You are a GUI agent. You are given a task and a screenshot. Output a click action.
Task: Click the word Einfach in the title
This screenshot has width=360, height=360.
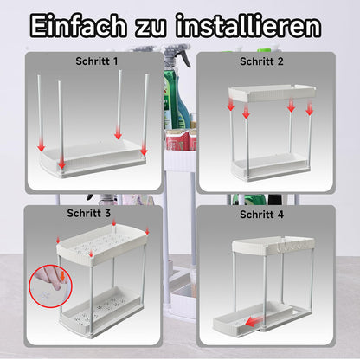pos(78,26)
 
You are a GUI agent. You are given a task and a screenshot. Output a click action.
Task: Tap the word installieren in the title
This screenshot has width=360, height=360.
pos(248,26)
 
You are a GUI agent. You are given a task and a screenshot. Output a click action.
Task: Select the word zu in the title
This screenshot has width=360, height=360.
pos(151,29)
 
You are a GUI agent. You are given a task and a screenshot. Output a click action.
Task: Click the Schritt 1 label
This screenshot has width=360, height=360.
pos(97,61)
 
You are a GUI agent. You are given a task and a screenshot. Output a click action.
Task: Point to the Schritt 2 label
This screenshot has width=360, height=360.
pos(261,61)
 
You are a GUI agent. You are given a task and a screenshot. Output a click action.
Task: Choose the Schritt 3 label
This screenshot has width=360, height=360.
pos(88,213)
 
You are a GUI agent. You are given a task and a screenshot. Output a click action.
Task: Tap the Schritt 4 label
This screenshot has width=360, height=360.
pos(261,215)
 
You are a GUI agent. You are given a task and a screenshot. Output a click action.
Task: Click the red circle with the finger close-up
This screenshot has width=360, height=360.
pos(50,286)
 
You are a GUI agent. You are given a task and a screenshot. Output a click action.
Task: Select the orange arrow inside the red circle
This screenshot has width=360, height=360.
pos(62,276)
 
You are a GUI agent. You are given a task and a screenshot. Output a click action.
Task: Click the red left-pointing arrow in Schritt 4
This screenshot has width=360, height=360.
pos(255,320)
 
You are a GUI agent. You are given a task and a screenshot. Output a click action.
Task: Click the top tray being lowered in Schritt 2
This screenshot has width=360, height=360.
pos(272,93)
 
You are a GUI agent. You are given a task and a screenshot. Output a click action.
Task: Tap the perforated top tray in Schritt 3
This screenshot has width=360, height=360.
pos(102,244)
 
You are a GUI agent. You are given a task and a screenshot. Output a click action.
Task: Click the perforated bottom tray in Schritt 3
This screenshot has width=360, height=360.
pos(102,311)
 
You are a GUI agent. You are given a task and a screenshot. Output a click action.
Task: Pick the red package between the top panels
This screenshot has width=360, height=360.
pos(181,140)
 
